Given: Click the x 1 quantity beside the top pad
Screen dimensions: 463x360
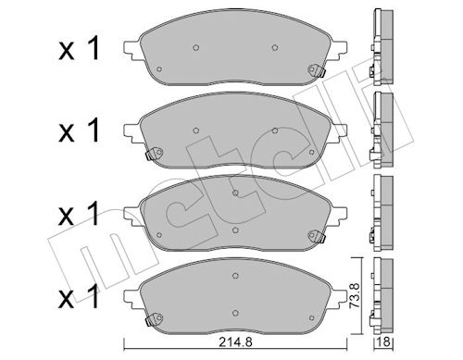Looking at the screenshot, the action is pos(80,48).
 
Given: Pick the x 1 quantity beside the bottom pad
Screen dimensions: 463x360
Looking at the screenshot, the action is pos(80,297).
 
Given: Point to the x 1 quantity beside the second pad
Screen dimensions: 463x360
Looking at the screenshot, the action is pos(80,130).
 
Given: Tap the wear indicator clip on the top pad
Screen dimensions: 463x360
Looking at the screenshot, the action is pos(317,71).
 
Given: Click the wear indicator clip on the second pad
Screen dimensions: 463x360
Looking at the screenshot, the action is pos(154,154).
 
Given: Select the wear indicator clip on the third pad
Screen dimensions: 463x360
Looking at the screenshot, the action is pos(317,237).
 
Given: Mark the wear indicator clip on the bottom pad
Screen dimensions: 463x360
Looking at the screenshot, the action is pos(154,319).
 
